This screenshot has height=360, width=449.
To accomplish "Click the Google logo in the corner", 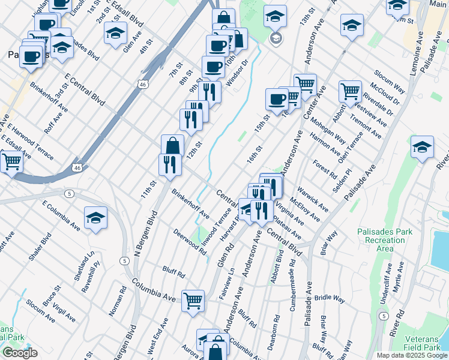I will point(20,352).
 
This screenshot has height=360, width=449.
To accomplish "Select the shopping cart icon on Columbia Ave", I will point(193,301).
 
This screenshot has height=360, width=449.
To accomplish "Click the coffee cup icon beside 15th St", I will point(277,100).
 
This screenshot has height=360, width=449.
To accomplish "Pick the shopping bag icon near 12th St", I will point(172,146).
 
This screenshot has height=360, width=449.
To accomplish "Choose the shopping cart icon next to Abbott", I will point(350,92).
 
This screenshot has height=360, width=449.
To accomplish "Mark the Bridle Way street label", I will point(331,298).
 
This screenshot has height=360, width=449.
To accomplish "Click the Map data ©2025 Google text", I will point(412,355).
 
